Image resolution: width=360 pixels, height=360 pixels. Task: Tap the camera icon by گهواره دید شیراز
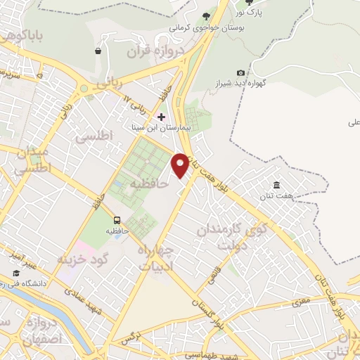click(x=241, y=73)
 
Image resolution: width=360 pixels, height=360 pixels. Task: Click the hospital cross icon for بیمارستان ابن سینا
click(x=162, y=116)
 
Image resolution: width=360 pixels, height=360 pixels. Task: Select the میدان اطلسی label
click(x=32, y=160)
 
